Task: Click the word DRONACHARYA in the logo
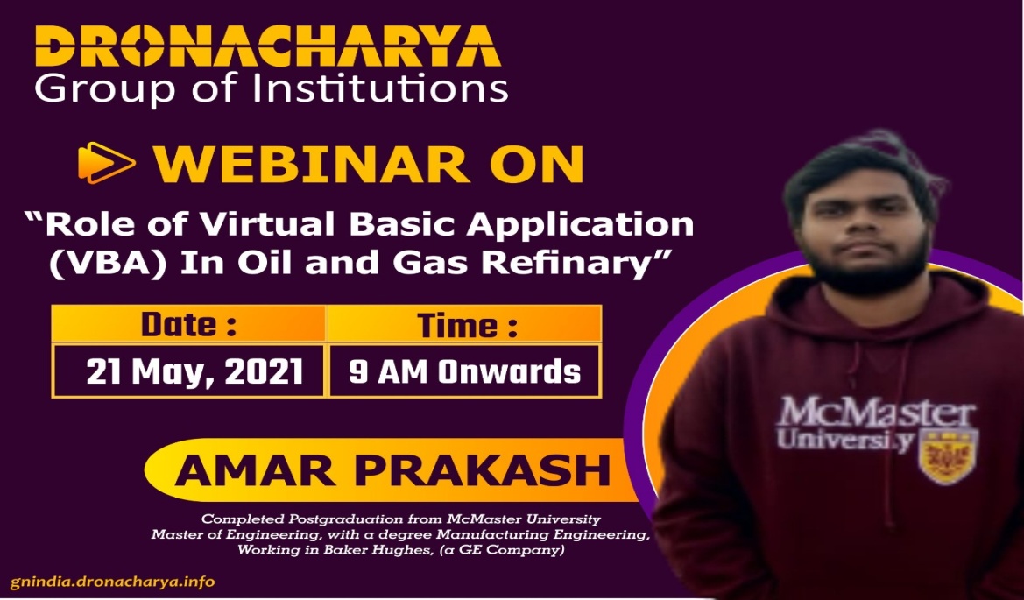tap(268, 46)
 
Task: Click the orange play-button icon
tap(107, 163)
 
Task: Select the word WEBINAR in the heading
tap(312, 164)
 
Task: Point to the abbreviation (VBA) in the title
tap(107, 263)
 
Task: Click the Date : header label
tap(188, 324)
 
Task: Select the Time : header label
tap(468, 325)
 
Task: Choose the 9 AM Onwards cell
tap(464, 371)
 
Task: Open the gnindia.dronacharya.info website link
tap(112, 582)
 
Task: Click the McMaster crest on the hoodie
tap(948, 455)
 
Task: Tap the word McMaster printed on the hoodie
tap(877, 413)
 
